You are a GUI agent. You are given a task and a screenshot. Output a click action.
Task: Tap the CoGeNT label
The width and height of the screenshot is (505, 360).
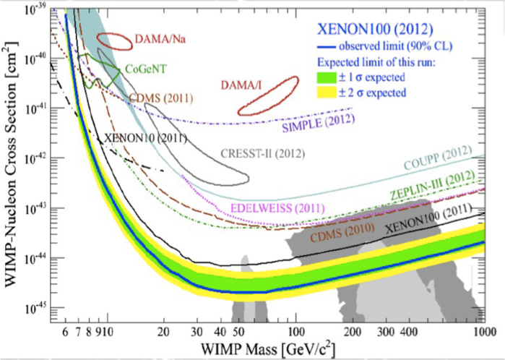(146, 69)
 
